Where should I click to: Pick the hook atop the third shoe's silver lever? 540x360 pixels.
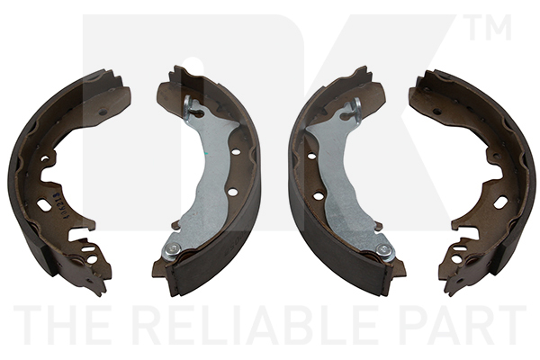pyautogui.click(x=356, y=110)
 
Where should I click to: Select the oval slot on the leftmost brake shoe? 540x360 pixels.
pyautogui.click(x=44, y=204)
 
